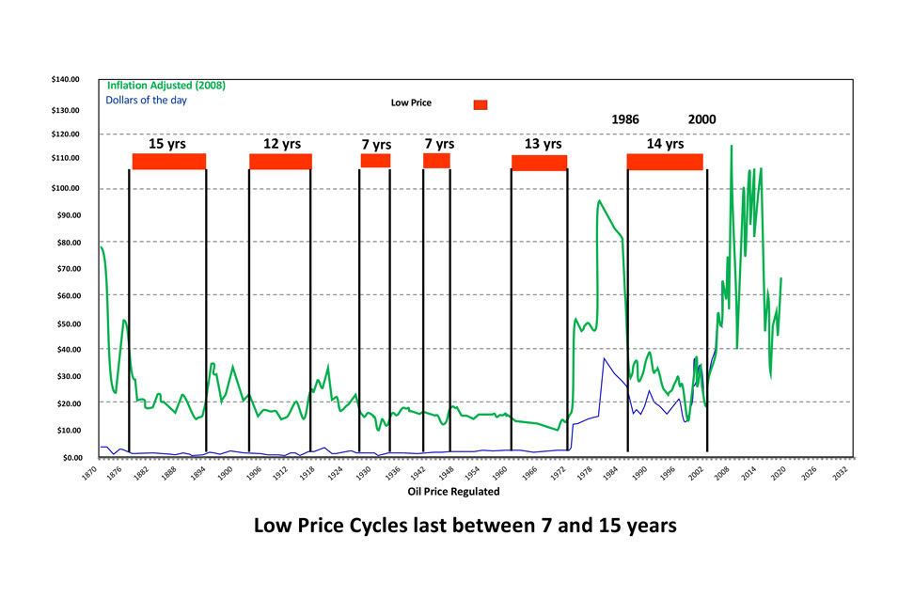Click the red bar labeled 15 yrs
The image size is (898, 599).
point(168,162)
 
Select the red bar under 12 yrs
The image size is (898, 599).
point(280,162)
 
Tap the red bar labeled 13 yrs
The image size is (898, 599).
point(539,163)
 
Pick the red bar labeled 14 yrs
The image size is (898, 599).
point(665,162)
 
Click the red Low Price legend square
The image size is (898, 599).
point(481,104)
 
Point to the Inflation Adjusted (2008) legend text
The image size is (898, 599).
point(165,86)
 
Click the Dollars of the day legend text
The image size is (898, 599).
point(152,99)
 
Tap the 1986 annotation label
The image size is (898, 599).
point(625,120)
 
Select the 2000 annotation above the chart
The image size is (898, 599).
point(701,120)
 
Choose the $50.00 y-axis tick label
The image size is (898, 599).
point(68,323)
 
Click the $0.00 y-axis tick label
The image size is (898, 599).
point(71,457)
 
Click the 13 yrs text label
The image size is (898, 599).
point(543,144)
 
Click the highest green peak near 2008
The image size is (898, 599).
point(731,146)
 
